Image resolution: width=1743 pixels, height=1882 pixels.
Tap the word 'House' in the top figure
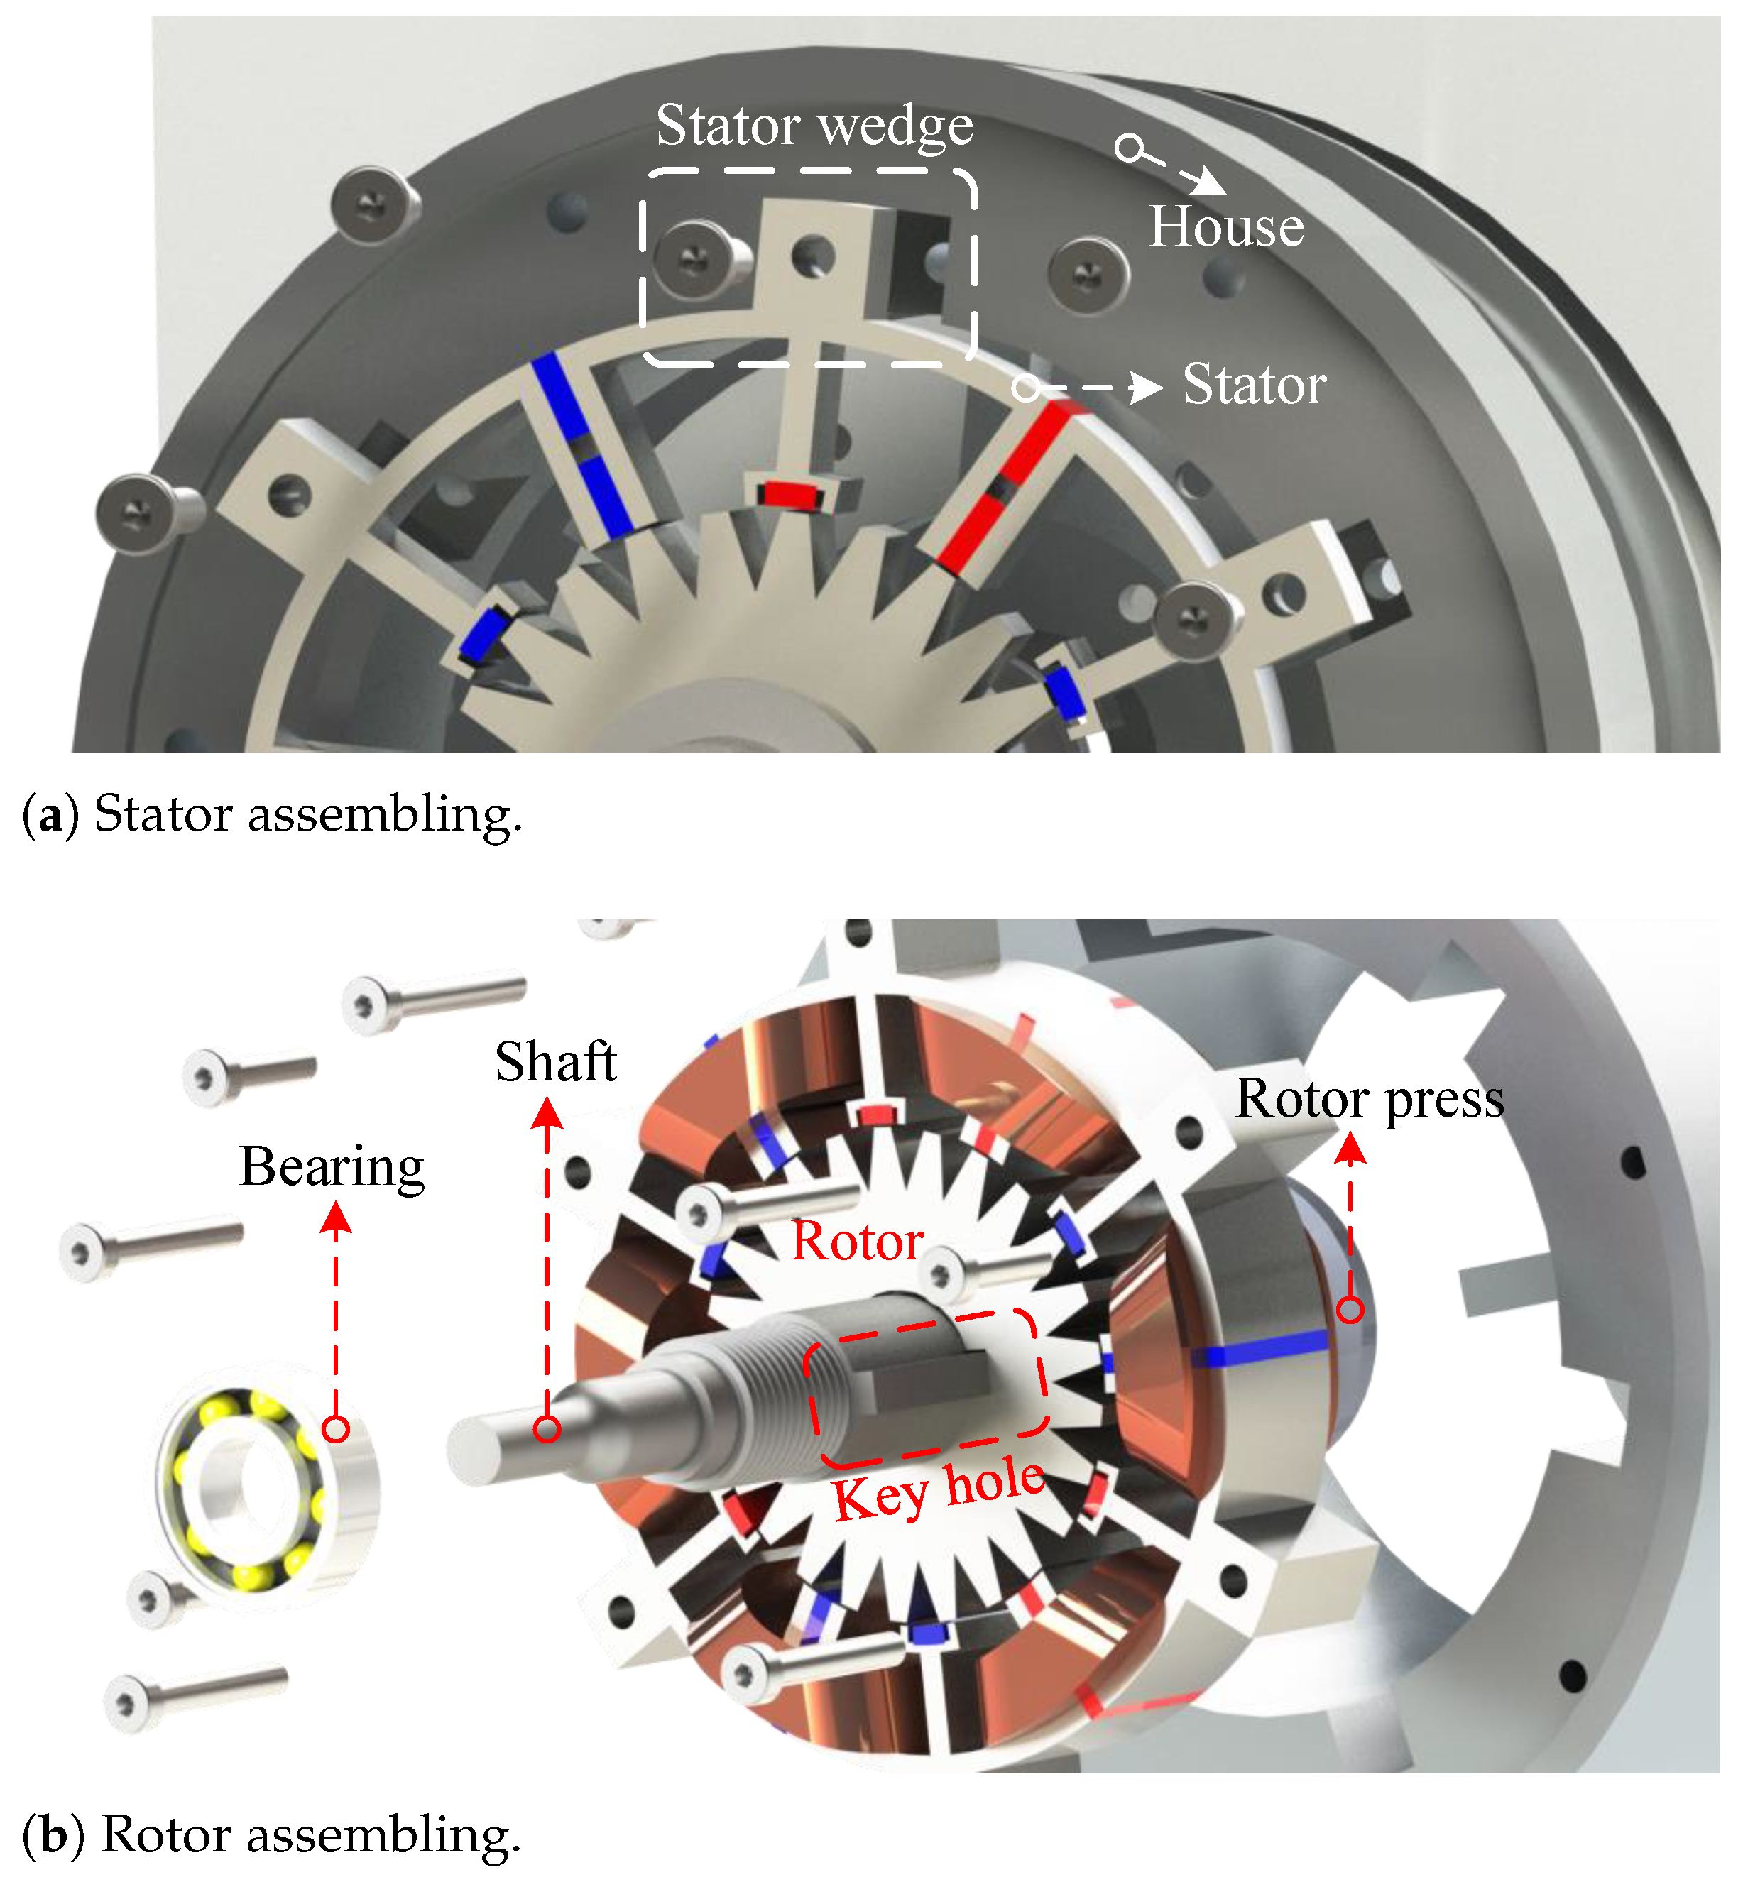(x=1226, y=227)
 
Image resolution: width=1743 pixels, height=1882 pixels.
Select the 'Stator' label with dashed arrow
(x=1255, y=385)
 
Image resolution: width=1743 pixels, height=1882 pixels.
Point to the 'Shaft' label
(x=555, y=1062)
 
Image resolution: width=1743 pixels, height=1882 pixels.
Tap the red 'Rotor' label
(x=858, y=1241)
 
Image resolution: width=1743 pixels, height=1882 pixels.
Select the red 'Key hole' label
(x=939, y=1489)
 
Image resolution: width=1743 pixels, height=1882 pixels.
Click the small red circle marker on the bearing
(x=336, y=1429)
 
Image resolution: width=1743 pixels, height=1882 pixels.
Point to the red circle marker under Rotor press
(x=1350, y=1308)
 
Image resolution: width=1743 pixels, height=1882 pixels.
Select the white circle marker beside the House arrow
(x=1129, y=148)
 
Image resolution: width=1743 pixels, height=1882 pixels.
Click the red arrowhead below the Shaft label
(x=547, y=1115)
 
